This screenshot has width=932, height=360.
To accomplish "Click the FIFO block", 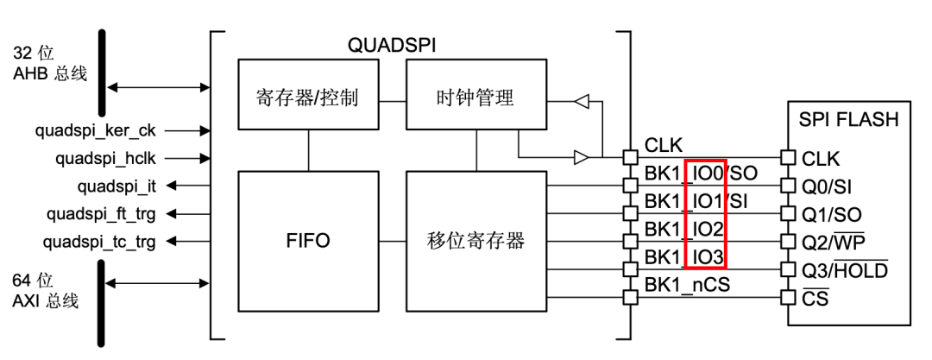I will [x=307, y=240].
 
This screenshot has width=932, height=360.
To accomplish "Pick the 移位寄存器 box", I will [x=475, y=240].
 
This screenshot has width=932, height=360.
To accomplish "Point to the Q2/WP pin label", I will [x=834, y=240].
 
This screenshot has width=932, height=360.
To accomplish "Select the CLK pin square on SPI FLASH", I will [x=786, y=157].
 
